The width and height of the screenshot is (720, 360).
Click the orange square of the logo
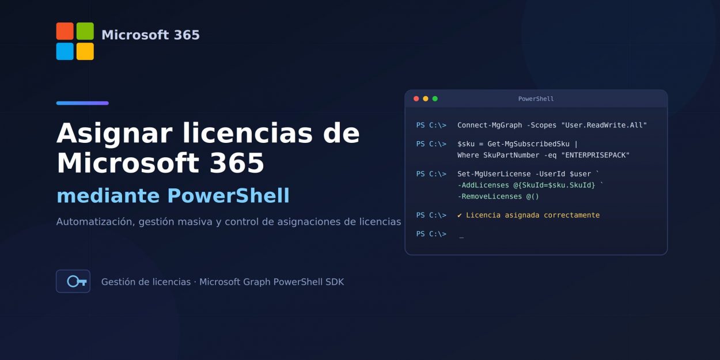point(65,31)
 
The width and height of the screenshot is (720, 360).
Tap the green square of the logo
point(85,31)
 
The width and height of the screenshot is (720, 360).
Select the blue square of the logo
point(65,51)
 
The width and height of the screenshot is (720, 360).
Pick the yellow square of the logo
point(85,51)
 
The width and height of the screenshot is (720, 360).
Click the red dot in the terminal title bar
point(416,98)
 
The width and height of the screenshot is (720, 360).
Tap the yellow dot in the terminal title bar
point(426,98)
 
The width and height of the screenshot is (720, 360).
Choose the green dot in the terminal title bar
point(435,98)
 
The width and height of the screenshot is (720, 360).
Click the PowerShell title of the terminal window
point(536,99)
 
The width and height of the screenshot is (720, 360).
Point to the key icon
point(77,282)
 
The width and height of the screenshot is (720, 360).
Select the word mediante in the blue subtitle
point(108,196)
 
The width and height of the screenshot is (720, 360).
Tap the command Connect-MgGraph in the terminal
point(490,126)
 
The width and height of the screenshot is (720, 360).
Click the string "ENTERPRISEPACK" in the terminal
point(595,156)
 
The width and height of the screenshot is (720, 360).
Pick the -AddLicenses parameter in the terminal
point(483,185)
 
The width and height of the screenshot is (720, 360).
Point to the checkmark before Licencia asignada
point(460,215)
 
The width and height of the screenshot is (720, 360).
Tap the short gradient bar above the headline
point(82,103)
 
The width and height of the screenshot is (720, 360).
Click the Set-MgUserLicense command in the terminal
point(494,174)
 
